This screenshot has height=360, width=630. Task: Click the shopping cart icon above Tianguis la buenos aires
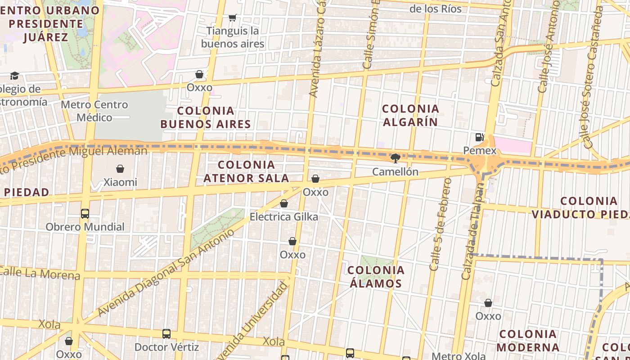click(x=232, y=18)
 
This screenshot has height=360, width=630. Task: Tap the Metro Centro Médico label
click(x=94, y=111)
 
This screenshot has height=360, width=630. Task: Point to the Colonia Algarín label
click(x=410, y=115)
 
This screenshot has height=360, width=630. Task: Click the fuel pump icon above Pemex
click(x=480, y=137)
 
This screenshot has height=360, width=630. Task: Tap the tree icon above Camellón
click(x=396, y=158)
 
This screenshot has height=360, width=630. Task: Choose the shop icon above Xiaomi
click(x=120, y=169)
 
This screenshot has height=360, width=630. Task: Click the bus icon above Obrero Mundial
click(x=85, y=213)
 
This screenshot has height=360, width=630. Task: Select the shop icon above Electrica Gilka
click(x=284, y=203)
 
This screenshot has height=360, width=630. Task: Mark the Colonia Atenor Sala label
click(x=246, y=171)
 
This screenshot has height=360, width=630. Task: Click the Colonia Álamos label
click(x=376, y=277)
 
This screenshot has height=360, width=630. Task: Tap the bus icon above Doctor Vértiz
click(x=166, y=333)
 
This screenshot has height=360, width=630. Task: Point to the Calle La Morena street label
click(x=40, y=273)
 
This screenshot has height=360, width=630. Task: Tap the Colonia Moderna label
click(x=528, y=341)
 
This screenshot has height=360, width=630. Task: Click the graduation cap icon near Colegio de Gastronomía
click(x=15, y=76)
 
